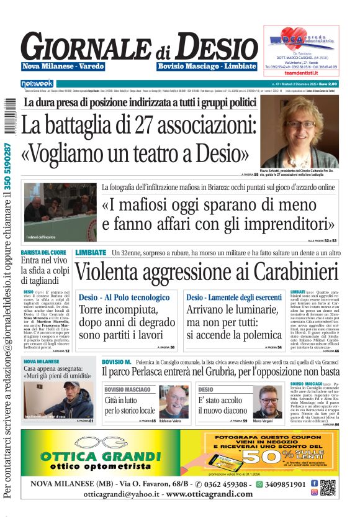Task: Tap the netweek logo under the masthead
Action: [x=37, y=83]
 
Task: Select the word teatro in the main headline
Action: [x=170, y=152]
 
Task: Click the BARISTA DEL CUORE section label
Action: [x=43, y=252]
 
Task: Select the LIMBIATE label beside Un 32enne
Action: [x=91, y=253]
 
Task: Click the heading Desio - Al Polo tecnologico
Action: [x=124, y=298]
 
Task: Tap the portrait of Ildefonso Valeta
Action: [x=173, y=401]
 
